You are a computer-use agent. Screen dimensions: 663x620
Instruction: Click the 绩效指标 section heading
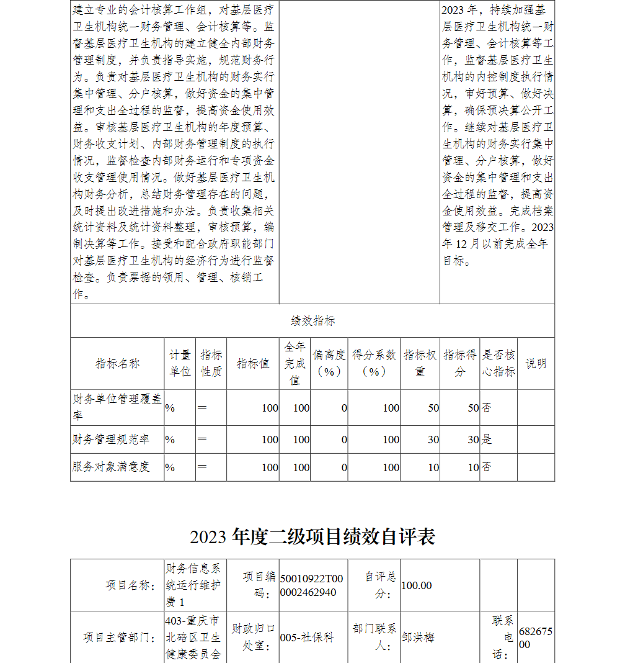coord(312,321)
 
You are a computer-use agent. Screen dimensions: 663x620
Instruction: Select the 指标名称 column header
coord(117,364)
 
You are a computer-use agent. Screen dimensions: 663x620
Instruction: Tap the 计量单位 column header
coord(180,363)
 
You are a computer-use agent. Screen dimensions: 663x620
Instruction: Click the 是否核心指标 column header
coord(498,363)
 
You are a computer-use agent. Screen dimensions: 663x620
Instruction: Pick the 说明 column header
coord(536,364)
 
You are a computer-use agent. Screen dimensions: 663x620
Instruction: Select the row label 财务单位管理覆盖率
coord(117,407)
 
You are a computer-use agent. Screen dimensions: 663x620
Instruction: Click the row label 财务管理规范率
coord(111,440)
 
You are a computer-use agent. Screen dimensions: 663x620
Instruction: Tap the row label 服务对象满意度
coord(111,467)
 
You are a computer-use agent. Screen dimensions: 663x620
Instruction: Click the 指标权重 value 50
coord(433,408)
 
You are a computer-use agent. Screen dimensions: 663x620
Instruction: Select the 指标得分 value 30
coord(473,440)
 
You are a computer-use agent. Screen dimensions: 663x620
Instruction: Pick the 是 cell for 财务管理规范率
coord(487,440)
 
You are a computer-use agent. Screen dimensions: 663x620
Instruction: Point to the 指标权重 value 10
coord(433,467)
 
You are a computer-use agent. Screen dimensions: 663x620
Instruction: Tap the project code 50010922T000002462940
coord(311,585)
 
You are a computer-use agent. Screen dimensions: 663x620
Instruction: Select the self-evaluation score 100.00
coord(417,585)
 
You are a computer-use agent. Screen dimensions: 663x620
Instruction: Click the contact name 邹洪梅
coord(418,638)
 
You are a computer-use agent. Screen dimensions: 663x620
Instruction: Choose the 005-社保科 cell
coord(307,638)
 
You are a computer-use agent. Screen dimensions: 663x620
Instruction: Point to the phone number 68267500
coord(535,638)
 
